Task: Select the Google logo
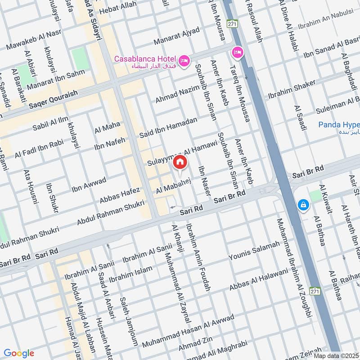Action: [18, 353]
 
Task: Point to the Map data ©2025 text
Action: [335, 355]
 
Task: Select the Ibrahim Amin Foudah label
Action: [198, 256]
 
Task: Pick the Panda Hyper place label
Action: [339, 125]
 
